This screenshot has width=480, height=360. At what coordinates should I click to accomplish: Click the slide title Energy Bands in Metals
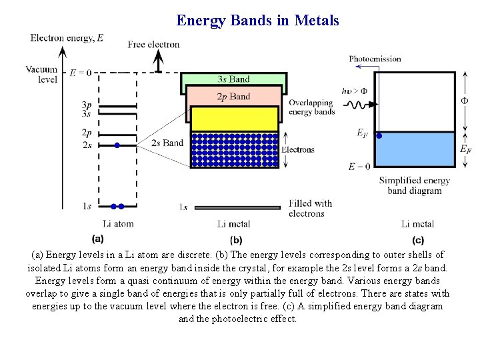click(257, 21)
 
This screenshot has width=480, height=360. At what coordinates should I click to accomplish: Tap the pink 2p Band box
click(233, 97)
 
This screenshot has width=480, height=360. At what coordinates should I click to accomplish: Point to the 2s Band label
click(168, 143)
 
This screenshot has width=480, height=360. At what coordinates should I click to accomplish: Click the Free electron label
click(153, 45)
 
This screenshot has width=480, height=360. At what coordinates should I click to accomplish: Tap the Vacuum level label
click(41, 74)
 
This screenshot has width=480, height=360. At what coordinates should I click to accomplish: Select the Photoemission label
click(375, 59)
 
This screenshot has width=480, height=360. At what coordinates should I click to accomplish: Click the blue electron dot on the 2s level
click(117, 145)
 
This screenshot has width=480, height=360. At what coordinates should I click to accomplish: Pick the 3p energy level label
click(87, 105)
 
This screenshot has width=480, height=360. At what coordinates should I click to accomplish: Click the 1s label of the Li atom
click(87, 206)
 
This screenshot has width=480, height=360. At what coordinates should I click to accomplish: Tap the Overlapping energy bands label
click(311, 107)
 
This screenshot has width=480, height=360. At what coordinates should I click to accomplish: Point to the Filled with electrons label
click(310, 208)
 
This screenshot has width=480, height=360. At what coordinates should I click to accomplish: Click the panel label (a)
click(97, 239)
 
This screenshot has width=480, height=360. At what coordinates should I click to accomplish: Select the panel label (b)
click(235, 239)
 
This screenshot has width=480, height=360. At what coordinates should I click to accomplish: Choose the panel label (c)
click(418, 239)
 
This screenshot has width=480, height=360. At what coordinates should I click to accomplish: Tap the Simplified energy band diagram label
click(414, 185)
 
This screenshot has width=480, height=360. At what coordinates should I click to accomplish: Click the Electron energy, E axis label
click(67, 38)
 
